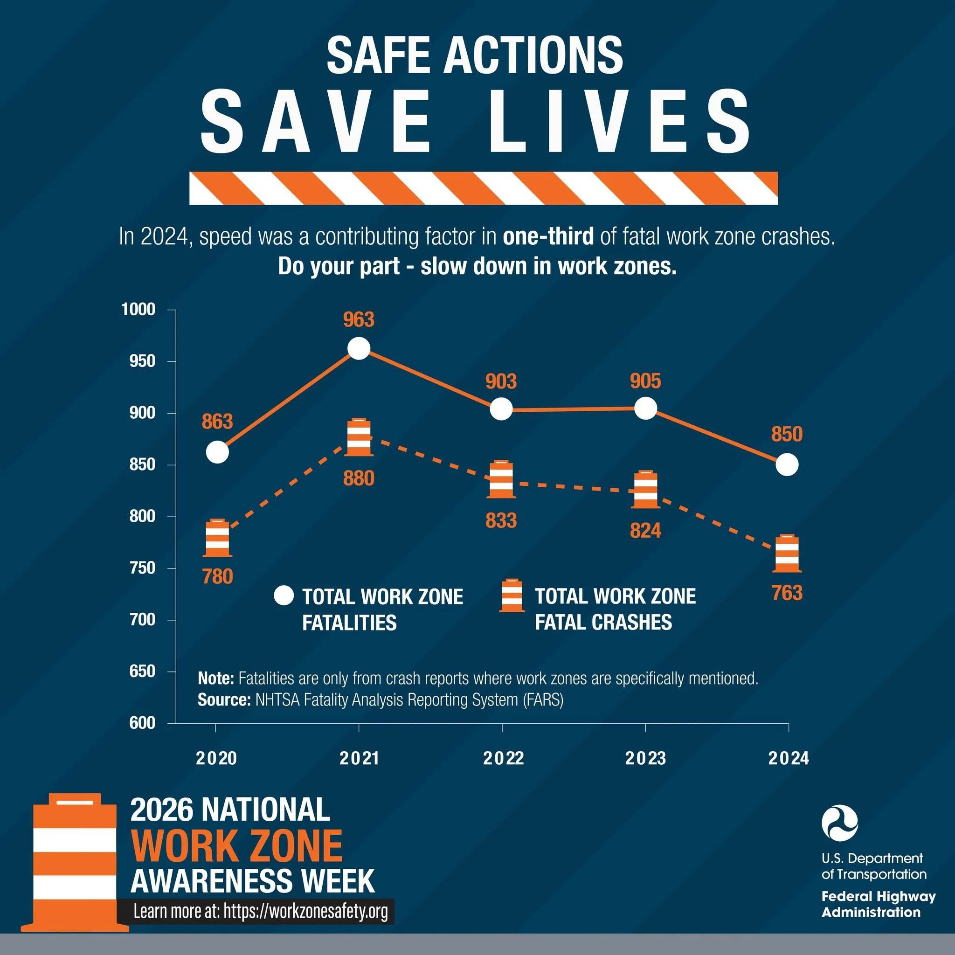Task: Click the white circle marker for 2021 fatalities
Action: click(x=359, y=348)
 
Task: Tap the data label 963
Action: click(x=359, y=320)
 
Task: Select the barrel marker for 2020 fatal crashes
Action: click(x=217, y=538)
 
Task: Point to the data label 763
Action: click(x=787, y=593)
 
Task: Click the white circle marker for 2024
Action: click(x=787, y=464)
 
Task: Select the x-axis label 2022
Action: click(x=503, y=758)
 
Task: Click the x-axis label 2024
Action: click(x=789, y=758)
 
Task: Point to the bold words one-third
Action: click(x=548, y=237)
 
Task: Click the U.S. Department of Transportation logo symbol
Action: click(x=840, y=823)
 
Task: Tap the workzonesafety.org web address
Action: click(x=305, y=911)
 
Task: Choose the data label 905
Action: click(x=645, y=381)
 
